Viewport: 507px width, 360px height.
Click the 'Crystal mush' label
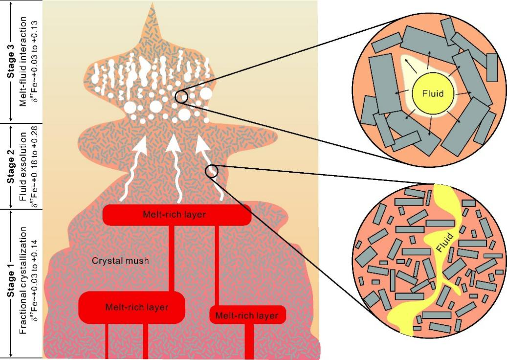coord(120,261)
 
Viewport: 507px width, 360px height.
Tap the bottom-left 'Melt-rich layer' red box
coord(132,307)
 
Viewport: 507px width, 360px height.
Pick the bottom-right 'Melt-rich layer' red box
coord(247,315)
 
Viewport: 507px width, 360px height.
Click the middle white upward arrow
coord(174,166)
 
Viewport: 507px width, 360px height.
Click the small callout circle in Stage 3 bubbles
coord(182,97)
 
